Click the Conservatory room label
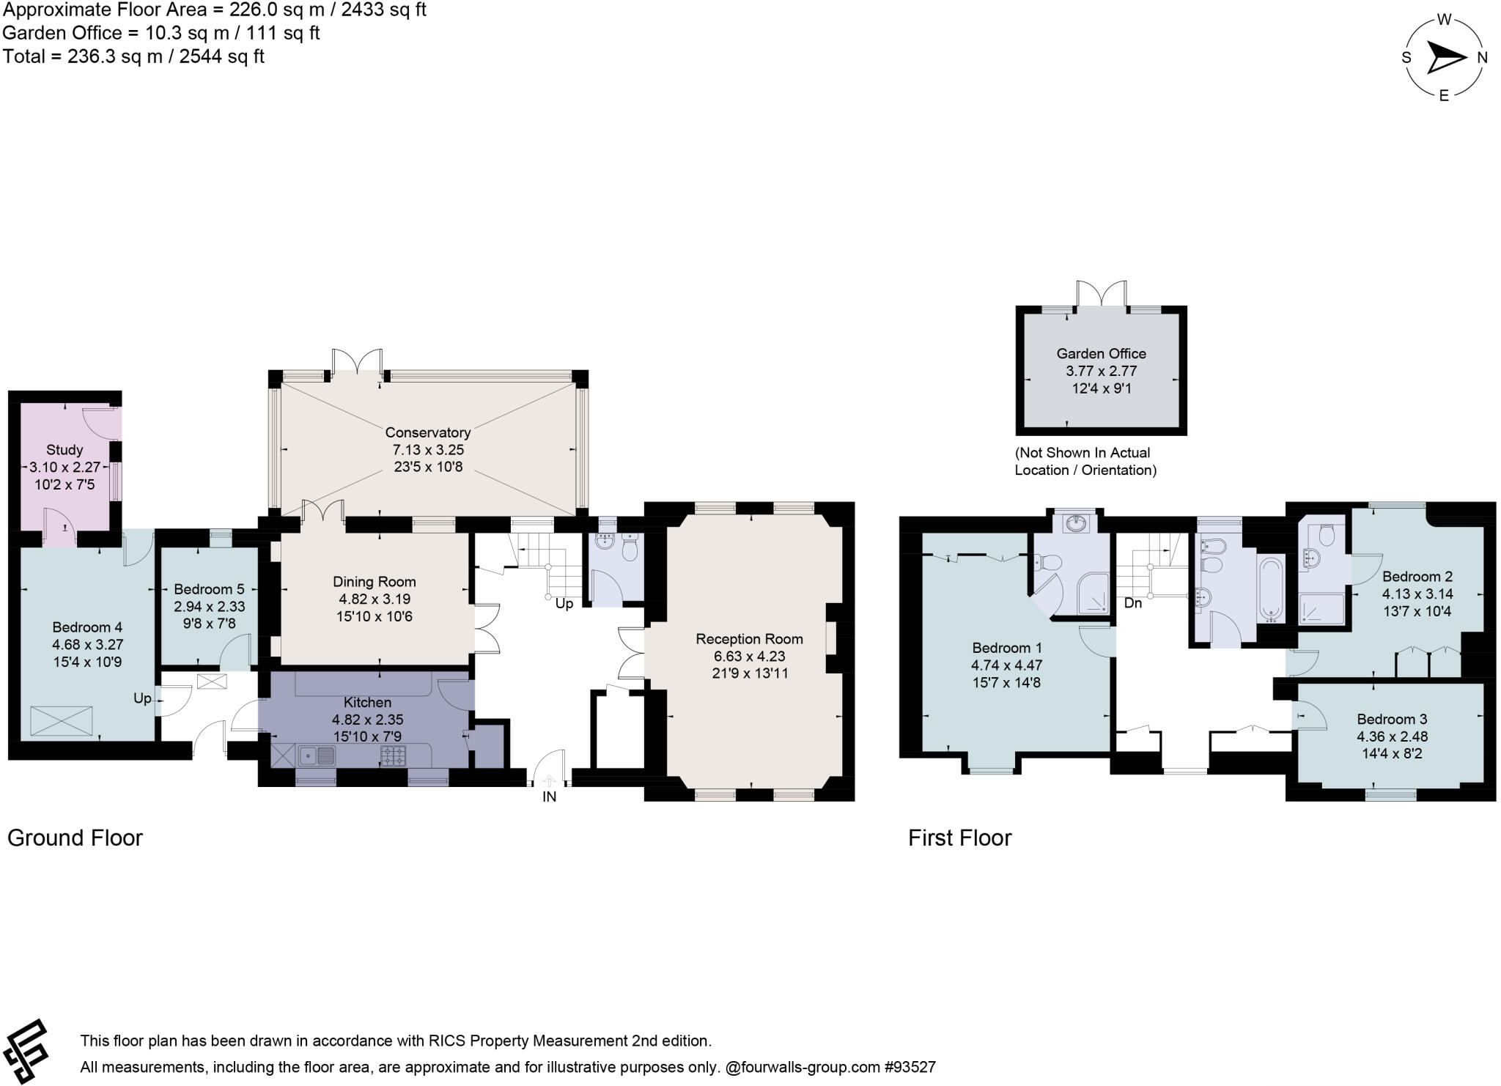tap(427, 432)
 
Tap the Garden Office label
tap(1101, 353)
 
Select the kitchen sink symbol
tap(316, 755)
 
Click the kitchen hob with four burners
tap(393, 756)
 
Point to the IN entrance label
tap(549, 797)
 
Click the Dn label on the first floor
tap(1132, 604)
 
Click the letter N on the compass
tap(1482, 58)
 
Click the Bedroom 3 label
tap(1391, 719)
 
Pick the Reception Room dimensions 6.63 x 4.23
tap(749, 657)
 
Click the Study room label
tap(64, 450)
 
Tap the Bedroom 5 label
tap(209, 589)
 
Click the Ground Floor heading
tap(75, 838)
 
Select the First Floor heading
tap(959, 838)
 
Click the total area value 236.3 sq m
tap(115, 56)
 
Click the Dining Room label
tap(374, 582)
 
